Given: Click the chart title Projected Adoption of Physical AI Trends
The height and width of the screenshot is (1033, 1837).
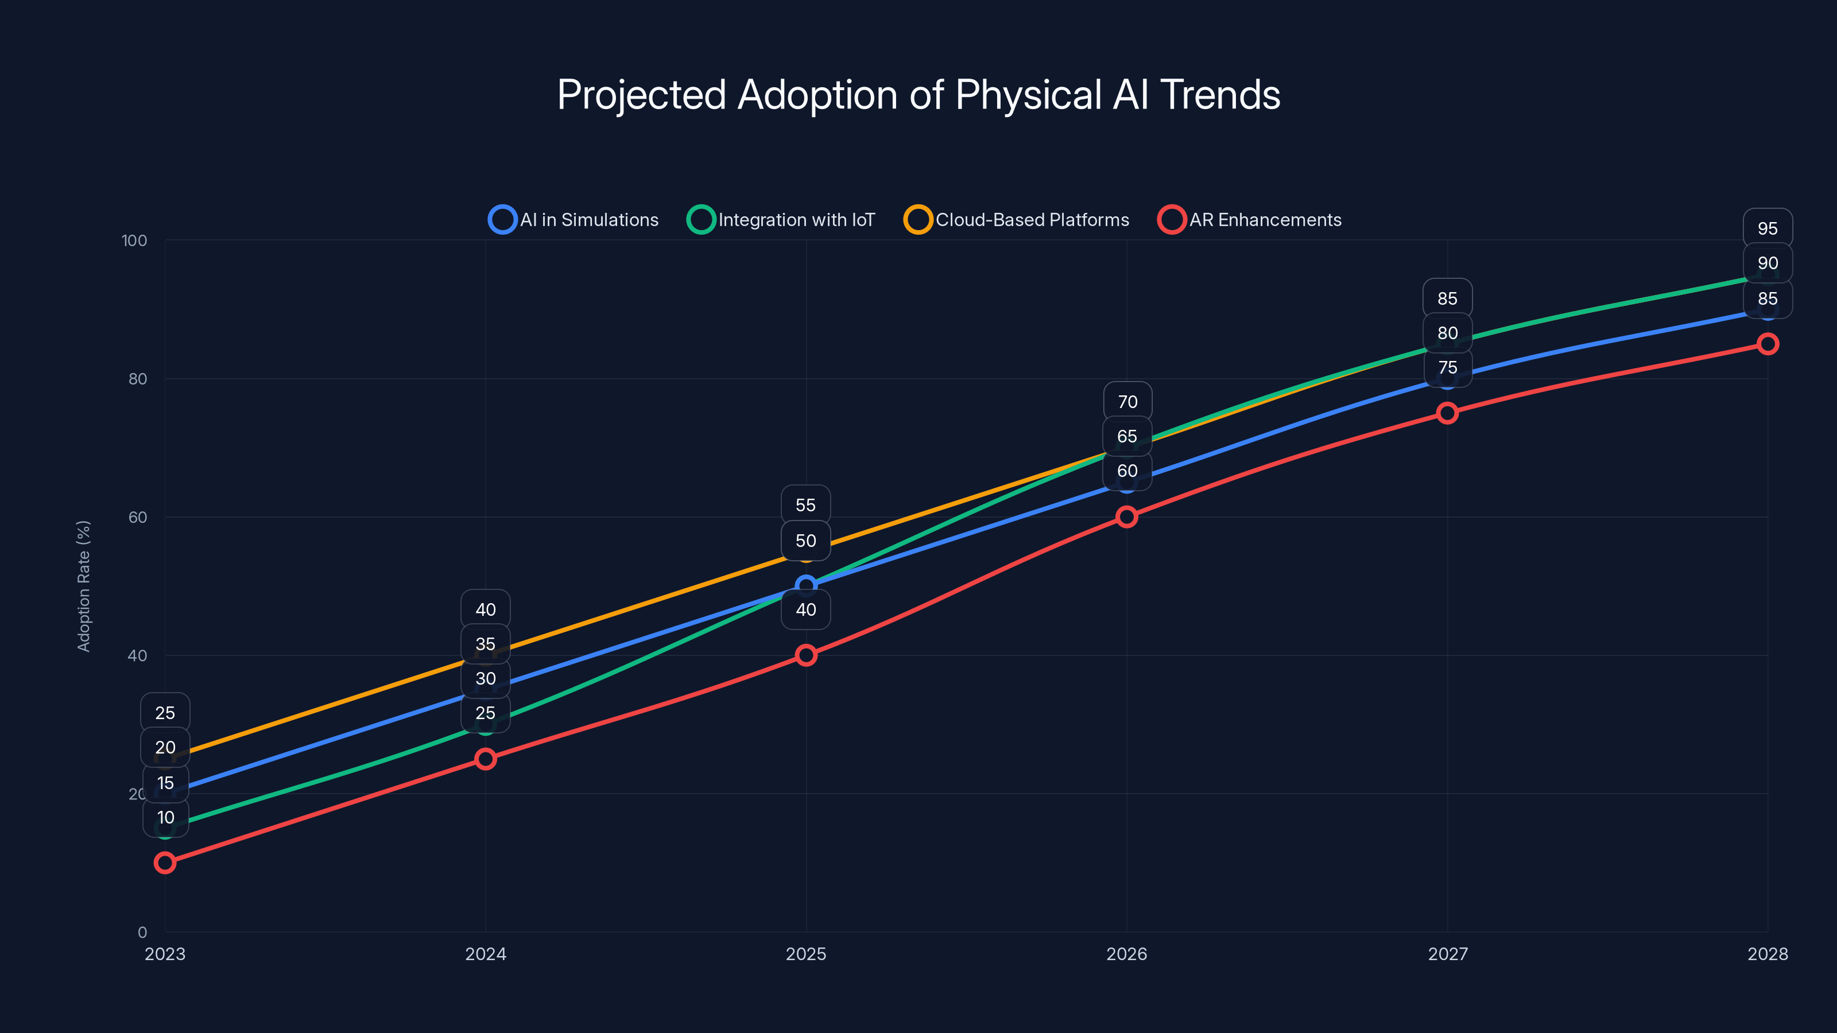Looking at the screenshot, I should click(x=918, y=95).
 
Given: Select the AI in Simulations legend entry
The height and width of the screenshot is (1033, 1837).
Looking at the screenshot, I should click(x=574, y=220).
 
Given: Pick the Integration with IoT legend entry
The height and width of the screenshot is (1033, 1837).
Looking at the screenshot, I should click(x=781, y=220).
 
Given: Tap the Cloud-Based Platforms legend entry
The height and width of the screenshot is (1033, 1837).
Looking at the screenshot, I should click(x=1017, y=220).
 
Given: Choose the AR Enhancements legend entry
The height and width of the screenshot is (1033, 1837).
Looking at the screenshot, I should click(x=1250, y=220).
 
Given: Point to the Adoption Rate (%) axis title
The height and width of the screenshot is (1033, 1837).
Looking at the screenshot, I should click(x=83, y=586).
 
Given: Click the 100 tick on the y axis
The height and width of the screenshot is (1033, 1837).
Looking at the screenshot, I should click(x=134, y=240).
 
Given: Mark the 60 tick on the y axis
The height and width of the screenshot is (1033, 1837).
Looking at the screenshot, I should click(x=138, y=517).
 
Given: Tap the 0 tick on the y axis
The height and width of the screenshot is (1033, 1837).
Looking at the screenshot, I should click(x=142, y=932).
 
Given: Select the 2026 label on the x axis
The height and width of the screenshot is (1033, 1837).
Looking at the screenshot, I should click(x=1127, y=954).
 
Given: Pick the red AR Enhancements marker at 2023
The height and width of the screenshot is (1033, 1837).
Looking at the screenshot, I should click(x=165, y=863).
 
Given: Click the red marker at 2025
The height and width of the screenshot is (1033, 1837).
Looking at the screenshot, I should click(x=806, y=655).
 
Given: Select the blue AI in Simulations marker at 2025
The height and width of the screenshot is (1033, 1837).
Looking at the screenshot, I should click(x=806, y=586).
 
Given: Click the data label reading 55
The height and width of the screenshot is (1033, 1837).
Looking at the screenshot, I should click(x=806, y=506).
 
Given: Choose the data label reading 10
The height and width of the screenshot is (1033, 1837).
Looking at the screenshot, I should click(x=165, y=818).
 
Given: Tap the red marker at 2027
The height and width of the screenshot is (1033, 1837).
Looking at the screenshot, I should click(x=1447, y=413).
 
